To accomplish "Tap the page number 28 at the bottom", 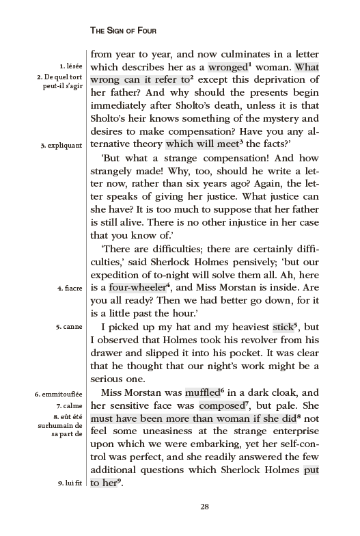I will point(204,507).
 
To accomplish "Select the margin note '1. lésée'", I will point(71,66).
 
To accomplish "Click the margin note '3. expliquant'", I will point(61,145).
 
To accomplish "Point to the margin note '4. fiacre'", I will point(70,288).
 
